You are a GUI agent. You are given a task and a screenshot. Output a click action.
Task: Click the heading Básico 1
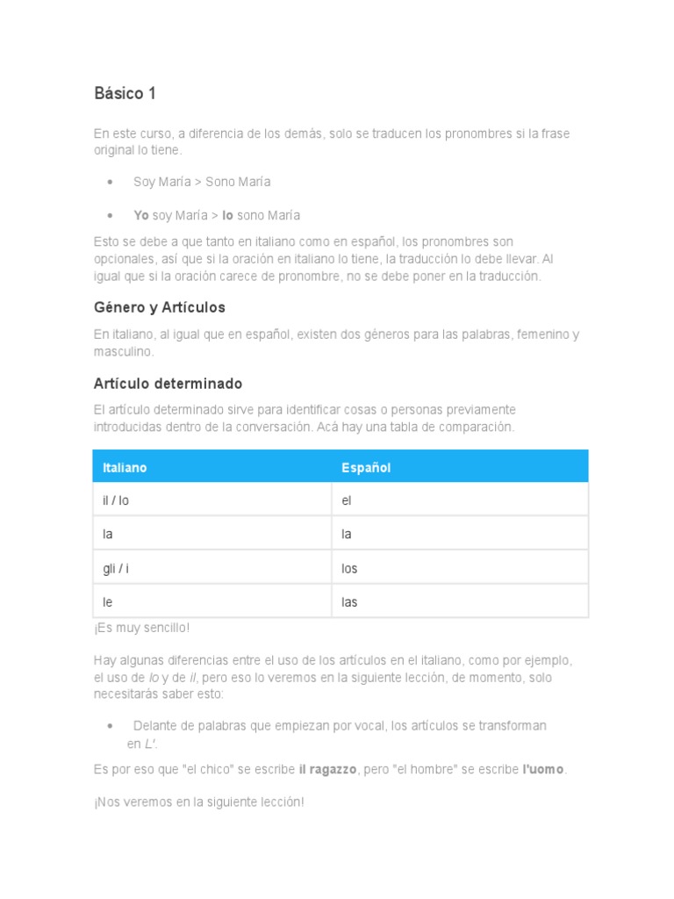[125, 93]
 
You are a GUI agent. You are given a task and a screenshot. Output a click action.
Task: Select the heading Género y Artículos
[159, 307]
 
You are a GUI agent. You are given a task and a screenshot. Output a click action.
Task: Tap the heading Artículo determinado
[168, 384]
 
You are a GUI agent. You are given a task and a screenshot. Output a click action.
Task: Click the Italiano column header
[125, 468]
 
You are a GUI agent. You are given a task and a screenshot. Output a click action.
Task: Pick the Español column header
[366, 468]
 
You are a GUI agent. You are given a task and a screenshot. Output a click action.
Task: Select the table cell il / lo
[116, 500]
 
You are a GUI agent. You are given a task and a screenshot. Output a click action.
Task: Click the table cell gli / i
[116, 568]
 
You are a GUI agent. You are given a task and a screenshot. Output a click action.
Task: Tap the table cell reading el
[347, 500]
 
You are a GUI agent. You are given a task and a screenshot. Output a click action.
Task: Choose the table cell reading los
[349, 568]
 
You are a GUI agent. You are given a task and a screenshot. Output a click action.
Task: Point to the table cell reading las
[349, 602]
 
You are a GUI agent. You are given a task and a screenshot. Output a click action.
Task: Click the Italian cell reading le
[108, 602]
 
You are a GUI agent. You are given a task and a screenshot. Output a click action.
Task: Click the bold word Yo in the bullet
[140, 215]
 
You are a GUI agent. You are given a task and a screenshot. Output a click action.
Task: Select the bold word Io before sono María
[227, 215]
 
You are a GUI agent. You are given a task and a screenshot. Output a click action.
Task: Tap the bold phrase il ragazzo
[327, 769]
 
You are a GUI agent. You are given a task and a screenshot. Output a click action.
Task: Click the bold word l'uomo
[544, 769]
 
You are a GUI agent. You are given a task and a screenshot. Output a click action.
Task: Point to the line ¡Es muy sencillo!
[141, 628]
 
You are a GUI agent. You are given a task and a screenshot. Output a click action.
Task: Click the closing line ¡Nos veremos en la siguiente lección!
[199, 802]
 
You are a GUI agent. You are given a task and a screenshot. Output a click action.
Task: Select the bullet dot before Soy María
[110, 182]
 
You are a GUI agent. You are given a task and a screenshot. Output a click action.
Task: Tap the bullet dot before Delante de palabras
[110, 726]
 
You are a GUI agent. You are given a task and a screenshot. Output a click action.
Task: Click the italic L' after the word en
[151, 744]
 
